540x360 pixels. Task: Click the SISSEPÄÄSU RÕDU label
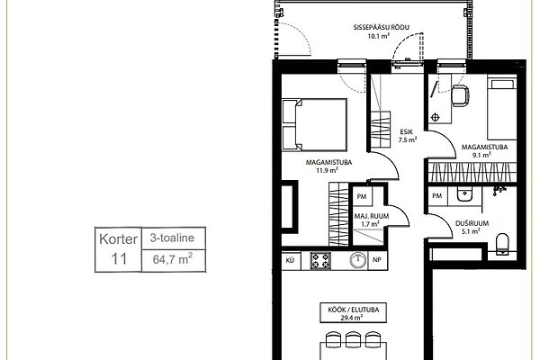(382, 27)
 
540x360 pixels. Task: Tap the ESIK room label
(407, 132)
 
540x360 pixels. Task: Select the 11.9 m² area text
(328, 170)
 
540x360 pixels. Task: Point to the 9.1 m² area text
(481, 155)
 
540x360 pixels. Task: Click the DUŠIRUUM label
(472, 223)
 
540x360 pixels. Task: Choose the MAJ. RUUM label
(371, 216)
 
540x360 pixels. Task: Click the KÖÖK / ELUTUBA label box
(354, 313)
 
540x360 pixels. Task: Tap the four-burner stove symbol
(320, 260)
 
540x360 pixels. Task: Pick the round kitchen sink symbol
(358, 260)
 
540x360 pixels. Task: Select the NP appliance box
(377, 260)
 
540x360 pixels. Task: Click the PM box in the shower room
(437, 196)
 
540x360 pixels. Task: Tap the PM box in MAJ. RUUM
(362, 197)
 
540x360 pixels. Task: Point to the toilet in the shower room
(502, 244)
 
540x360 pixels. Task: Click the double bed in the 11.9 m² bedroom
(314, 125)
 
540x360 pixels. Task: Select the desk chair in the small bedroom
(461, 95)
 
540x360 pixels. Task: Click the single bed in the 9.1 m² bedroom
(502, 108)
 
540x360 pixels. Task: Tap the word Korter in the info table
(118, 239)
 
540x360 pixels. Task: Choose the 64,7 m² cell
(173, 260)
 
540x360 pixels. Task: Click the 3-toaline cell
(173, 238)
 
